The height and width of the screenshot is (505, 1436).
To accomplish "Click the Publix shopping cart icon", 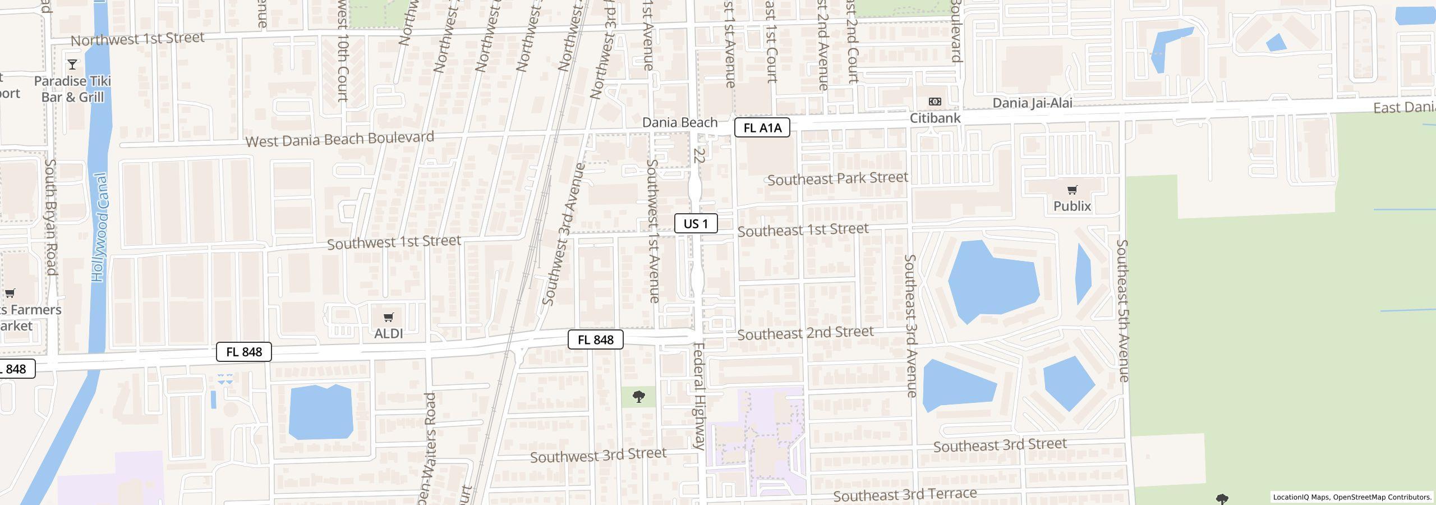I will [1072, 190].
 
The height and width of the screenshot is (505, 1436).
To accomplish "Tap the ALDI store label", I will [388, 334].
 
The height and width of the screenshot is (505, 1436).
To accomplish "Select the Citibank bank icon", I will [935, 102].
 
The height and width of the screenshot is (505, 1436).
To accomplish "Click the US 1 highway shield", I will [696, 224].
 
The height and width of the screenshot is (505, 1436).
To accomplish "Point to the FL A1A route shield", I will [762, 128].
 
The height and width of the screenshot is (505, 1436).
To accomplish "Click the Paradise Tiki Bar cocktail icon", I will [72, 64].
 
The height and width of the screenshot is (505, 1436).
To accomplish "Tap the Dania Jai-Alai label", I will [1032, 103].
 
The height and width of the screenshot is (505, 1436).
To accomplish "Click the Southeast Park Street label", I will [837, 179].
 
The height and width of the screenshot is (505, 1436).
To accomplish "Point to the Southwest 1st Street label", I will [394, 242].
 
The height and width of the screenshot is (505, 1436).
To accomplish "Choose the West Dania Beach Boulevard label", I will [340, 139].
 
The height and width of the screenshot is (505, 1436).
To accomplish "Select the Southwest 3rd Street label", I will [598, 455].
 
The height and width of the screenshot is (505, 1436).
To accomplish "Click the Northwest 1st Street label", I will [137, 39].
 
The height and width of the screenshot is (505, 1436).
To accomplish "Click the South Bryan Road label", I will [50, 217].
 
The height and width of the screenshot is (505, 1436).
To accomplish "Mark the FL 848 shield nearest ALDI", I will [244, 352].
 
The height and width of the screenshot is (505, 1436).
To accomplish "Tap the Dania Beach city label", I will [680, 122].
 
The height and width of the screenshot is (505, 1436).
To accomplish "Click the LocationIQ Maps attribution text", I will [1352, 497].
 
